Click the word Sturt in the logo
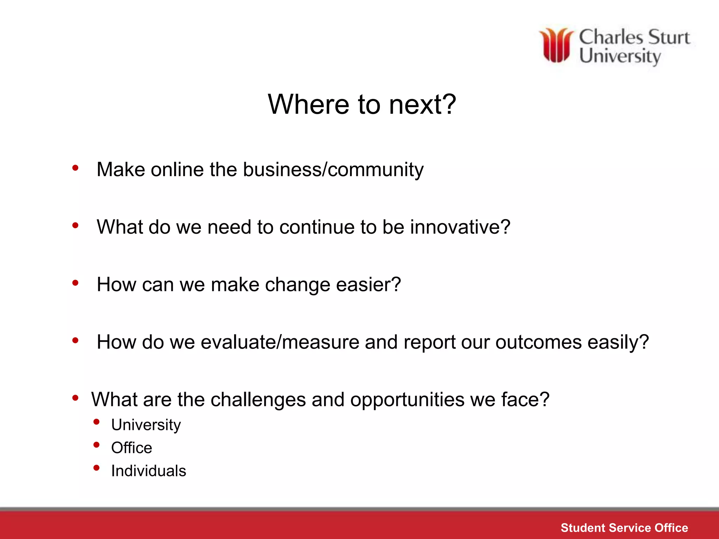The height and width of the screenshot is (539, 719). [x=668, y=38]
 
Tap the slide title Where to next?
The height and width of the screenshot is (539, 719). [x=362, y=104]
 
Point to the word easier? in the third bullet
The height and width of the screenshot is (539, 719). [x=368, y=285]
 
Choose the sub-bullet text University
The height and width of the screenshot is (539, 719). [x=146, y=425]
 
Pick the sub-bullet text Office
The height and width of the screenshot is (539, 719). [x=132, y=448]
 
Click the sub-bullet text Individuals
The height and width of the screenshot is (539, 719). [x=149, y=471]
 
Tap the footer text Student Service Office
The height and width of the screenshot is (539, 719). [x=624, y=528]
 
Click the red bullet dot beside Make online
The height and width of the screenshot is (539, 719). [x=75, y=168]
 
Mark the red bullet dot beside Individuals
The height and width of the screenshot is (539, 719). [x=97, y=468]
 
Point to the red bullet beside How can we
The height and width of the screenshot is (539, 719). [x=75, y=283]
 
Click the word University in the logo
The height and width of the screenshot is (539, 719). [x=620, y=56]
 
